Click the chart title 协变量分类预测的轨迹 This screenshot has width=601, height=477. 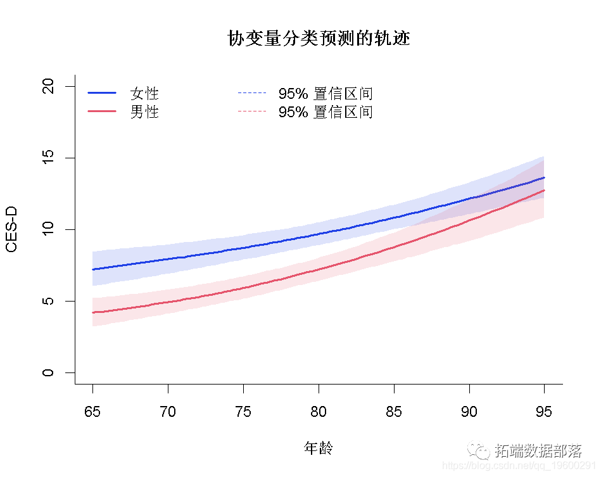(x=319, y=39)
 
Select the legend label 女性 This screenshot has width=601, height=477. (x=144, y=94)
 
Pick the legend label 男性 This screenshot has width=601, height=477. (x=144, y=112)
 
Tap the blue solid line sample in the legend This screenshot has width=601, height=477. (x=102, y=93)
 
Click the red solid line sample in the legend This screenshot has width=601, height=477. (x=102, y=111)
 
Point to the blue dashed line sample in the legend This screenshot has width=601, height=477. (x=252, y=93)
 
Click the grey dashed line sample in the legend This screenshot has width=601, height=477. (x=252, y=111)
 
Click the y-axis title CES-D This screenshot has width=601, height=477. (x=11, y=229)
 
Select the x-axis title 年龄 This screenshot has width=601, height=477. (x=319, y=448)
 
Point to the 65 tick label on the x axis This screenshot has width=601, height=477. (x=92, y=412)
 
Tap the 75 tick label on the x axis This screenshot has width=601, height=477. (x=243, y=412)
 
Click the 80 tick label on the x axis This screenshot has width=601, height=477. (x=319, y=412)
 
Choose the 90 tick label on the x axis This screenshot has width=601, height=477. (x=469, y=412)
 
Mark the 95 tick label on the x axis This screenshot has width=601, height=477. (x=544, y=412)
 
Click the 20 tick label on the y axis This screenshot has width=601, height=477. (x=47, y=86)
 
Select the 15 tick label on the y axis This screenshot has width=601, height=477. (x=47, y=158)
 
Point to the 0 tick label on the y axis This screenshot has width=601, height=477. (x=47, y=372)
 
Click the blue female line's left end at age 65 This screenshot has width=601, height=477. (x=93, y=269)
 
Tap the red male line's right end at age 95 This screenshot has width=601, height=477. (x=543, y=190)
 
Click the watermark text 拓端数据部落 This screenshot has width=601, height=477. (x=538, y=451)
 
